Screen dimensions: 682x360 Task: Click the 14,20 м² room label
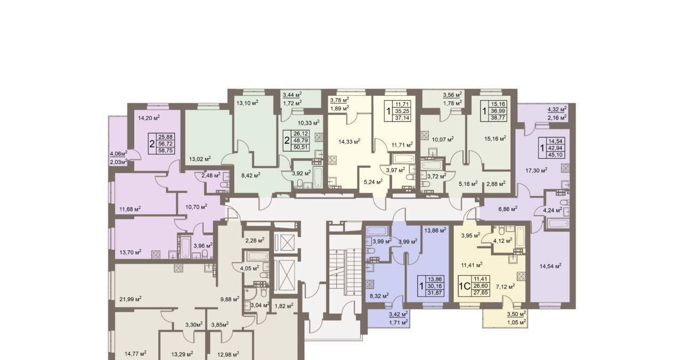149,118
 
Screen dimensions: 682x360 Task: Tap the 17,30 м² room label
537,170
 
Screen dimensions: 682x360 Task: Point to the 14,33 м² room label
350,141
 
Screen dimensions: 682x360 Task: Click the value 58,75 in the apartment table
165,150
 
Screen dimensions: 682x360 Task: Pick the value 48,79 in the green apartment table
301,140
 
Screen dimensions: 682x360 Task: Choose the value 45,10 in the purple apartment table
556,155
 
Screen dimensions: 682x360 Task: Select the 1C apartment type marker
465,286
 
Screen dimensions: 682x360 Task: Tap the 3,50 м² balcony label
517,314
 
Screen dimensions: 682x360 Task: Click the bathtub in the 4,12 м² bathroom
519,238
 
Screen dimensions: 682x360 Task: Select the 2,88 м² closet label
495,183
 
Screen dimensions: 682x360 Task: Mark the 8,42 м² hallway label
250,175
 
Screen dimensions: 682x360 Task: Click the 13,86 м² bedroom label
435,230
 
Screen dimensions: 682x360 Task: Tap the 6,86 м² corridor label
508,209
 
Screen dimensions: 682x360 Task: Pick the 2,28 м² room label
255,240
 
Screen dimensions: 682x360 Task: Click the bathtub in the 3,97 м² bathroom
404,159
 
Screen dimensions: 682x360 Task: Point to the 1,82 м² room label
284,306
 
